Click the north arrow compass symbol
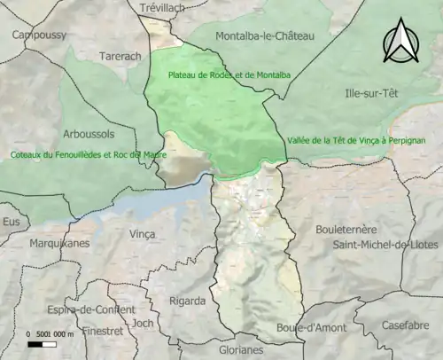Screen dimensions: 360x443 pyautogui.click(x=400, y=42)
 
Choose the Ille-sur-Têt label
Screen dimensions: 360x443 pyautogui.click(x=373, y=92)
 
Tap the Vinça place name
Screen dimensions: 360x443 pyautogui.click(x=143, y=233)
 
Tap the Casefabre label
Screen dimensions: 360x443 pyautogui.click(x=406, y=325)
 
